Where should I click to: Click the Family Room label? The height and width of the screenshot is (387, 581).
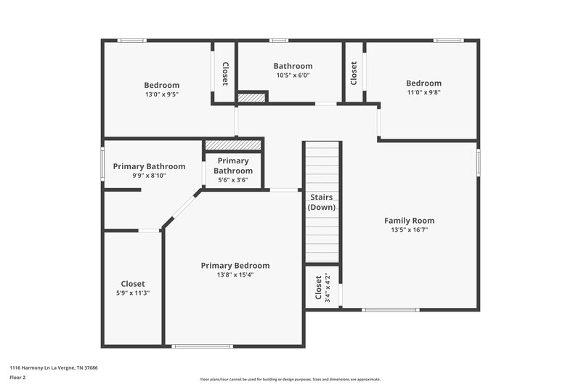pos(409,221)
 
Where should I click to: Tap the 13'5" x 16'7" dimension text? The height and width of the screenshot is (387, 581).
pos(409,230)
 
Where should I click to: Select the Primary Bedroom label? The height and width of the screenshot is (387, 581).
pos(235,266)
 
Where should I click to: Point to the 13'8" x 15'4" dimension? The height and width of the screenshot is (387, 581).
pos(235,275)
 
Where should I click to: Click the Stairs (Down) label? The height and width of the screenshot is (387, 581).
pos(322,202)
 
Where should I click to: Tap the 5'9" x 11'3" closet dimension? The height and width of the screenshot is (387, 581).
pos(133,293)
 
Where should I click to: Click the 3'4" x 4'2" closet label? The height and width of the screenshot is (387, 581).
pos(322,287)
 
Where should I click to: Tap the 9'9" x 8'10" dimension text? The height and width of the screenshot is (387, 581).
pos(149,175)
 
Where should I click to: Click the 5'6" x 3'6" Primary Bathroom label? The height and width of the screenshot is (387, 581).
pos(232,171)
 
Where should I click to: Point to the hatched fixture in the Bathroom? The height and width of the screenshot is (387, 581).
pos(253,97)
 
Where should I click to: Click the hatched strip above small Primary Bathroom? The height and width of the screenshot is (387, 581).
pos(232,145)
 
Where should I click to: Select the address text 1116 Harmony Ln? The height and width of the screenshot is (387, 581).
pos(53,368)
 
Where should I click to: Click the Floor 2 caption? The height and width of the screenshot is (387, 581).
pos(17,378)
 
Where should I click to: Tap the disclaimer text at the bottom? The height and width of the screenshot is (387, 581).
pos(290,379)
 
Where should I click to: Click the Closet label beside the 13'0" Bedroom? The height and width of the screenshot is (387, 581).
pos(225,73)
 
